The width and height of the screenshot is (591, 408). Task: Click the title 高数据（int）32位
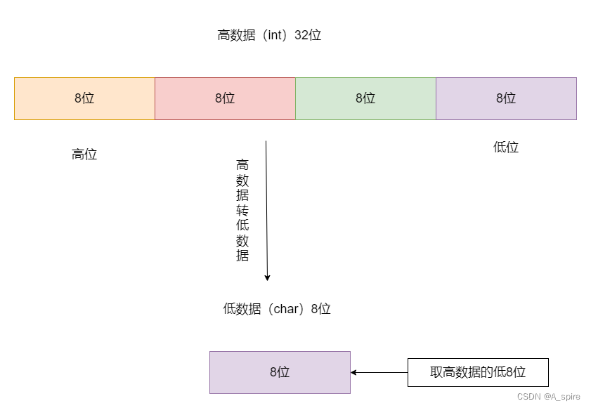click(269, 35)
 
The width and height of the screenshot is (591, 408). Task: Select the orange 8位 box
click(84, 98)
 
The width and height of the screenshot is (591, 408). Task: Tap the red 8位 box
click(225, 98)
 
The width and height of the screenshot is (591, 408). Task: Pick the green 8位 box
click(365, 98)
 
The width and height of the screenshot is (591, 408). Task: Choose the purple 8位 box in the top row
click(506, 98)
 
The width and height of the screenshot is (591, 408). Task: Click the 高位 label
click(84, 154)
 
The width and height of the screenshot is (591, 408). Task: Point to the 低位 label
click(506, 147)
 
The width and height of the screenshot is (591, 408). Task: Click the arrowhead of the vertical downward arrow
click(267, 277)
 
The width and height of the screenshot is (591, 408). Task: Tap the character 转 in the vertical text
click(242, 211)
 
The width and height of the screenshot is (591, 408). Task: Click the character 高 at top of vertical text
click(242, 165)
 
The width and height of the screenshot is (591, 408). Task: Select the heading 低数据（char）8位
click(277, 309)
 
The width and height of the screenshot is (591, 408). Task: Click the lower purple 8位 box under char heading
click(280, 372)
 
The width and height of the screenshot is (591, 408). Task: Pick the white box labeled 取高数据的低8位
click(478, 372)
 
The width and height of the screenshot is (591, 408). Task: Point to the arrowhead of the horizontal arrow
click(354, 372)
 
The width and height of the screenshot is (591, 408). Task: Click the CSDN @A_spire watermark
click(549, 397)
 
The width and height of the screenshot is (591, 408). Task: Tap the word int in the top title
click(273, 35)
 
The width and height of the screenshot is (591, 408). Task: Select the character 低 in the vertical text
click(242, 225)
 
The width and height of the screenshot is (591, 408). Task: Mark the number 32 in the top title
click(302, 35)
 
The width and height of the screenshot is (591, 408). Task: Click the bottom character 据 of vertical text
click(242, 256)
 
